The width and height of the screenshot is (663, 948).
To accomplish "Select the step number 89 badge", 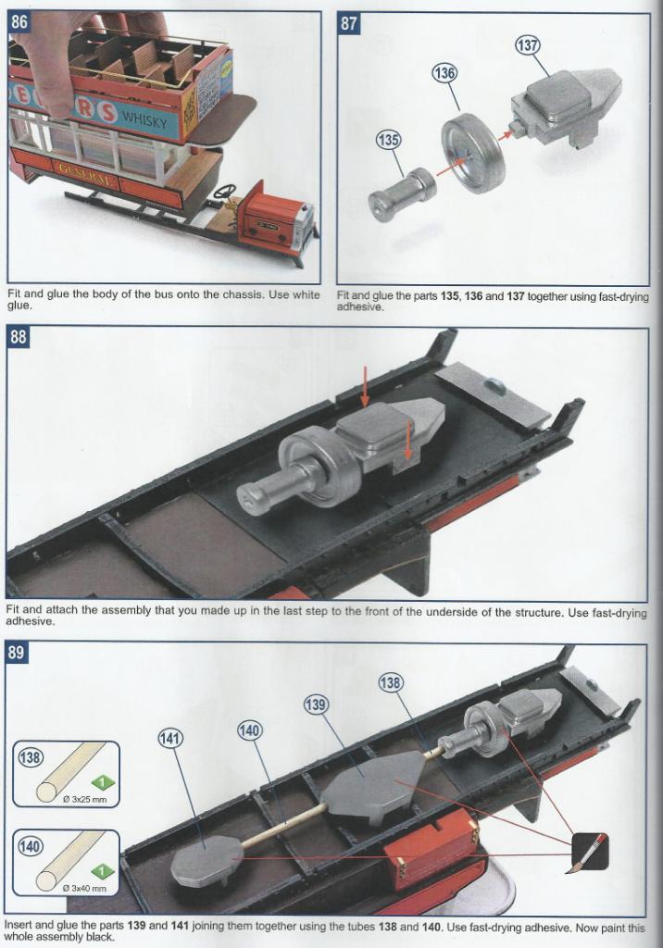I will [x=19, y=654].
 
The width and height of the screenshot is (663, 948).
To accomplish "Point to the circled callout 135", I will [x=388, y=141].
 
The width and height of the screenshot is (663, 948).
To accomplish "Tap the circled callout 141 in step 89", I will [x=170, y=738].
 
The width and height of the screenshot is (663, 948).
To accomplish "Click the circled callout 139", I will [x=316, y=706].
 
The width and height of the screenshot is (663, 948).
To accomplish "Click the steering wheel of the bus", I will [x=224, y=192].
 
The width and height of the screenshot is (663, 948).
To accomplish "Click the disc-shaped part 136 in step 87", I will [x=471, y=153].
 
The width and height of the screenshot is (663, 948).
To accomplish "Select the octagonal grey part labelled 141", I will [x=206, y=862].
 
